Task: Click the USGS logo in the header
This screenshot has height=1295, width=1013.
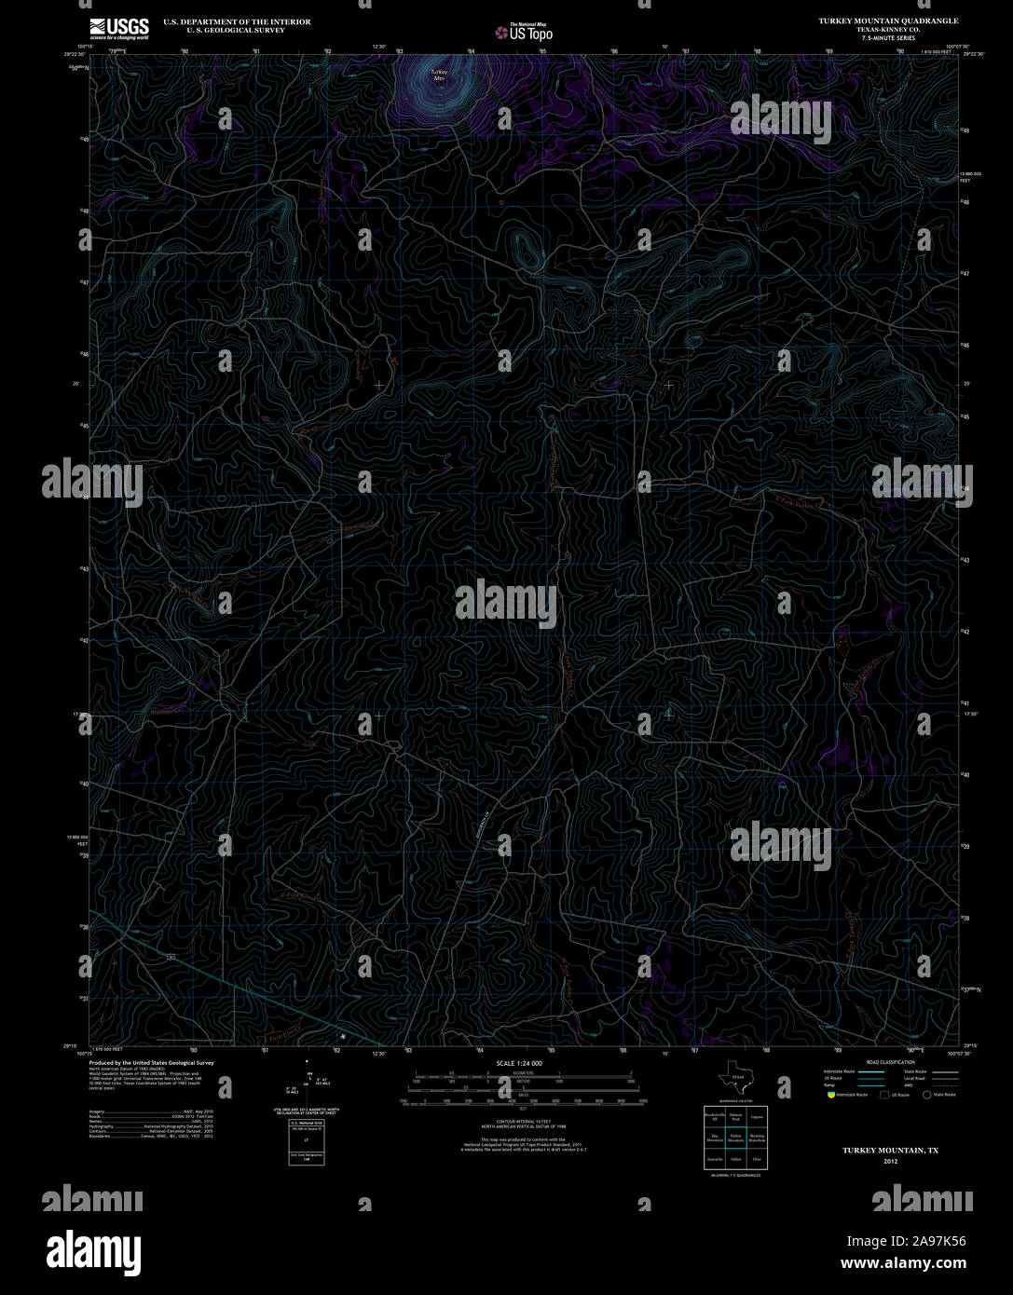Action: [x=118, y=27]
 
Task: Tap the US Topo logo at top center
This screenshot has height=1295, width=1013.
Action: [x=524, y=34]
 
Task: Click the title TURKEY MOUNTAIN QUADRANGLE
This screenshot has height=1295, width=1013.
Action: [x=887, y=20]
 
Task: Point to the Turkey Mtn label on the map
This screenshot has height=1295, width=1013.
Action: [x=438, y=75]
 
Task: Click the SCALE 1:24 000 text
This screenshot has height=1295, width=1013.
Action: [x=519, y=1063]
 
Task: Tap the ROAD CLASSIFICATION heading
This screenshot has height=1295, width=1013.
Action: [x=890, y=1063]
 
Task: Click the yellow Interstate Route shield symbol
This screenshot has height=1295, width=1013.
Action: [x=830, y=1095]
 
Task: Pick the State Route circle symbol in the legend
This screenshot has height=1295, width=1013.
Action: [x=927, y=1095]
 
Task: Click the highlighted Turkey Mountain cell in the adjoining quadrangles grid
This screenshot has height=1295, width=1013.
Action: [x=736, y=1138]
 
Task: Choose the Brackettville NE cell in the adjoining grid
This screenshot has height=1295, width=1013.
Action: [x=715, y=1116]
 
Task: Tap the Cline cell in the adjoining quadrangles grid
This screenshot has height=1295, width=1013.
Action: [x=757, y=1160]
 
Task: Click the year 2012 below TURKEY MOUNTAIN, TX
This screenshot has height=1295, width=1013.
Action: [x=890, y=1162]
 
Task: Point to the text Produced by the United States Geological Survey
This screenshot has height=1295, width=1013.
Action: [x=151, y=1063]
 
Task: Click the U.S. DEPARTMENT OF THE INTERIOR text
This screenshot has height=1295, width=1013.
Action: [x=237, y=20]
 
